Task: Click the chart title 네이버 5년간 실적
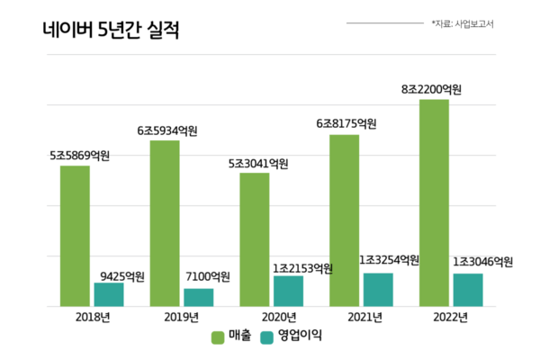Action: [111, 31]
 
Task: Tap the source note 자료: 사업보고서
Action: [463, 23]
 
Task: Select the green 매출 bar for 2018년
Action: [75, 236]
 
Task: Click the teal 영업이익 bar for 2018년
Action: [109, 294]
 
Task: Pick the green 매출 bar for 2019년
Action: [165, 223]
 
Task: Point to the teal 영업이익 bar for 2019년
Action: [199, 297]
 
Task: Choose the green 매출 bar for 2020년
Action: [255, 239]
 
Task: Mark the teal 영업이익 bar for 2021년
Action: [378, 289]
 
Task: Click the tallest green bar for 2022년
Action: [434, 202]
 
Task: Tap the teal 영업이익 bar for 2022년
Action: [468, 290]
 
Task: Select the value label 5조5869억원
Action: [79, 156]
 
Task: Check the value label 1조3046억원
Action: [481, 262]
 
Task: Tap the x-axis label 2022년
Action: [450, 317]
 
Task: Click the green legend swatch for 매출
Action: [218, 337]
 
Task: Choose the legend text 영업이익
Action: [300, 337]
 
